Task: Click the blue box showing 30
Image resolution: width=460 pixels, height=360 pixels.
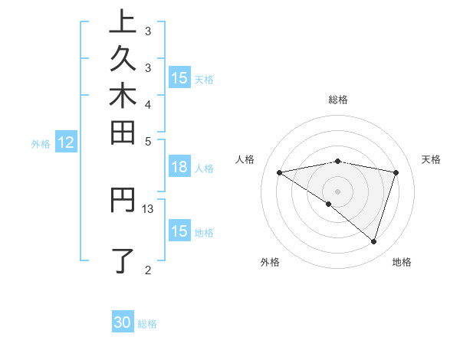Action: pyautogui.click(x=123, y=322)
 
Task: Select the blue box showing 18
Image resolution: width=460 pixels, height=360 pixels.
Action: pyautogui.click(x=179, y=168)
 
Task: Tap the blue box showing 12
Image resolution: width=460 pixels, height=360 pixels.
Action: pyautogui.click(x=66, y=142)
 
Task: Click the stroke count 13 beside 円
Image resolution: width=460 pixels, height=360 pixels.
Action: pyautogui.click(x=148, y=208)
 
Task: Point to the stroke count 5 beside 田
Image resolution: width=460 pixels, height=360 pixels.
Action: pyautogui.click(x=148, y=141)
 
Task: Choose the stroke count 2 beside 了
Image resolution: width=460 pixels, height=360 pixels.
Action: pyautogui.click(x=148, y=269)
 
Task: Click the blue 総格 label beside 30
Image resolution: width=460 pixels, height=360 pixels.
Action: pyautogui.click(x=147, y=324)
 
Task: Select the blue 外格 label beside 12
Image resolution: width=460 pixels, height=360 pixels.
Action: pyautogui.click(x=41, y=143)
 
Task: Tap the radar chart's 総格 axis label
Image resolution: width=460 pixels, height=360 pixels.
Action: pyautogui.click(x=338, y=100)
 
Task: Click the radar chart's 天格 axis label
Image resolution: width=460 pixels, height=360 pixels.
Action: pyautogui.click(x=432, y=159)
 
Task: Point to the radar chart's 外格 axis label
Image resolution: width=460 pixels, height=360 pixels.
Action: pyautogui.click(x=270, y=262)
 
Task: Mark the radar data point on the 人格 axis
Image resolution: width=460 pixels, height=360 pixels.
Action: pyautogui.click(x=280, y=172)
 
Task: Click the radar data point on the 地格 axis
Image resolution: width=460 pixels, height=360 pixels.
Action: pyautogui.click(x=373, y=241)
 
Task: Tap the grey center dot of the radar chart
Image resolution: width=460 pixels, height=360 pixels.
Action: pyautogui.click(x=338, y=191)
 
